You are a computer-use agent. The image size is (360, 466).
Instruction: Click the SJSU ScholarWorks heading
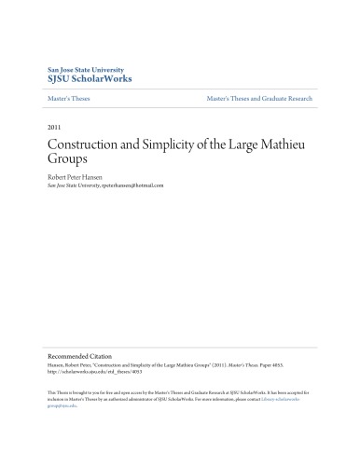pos(90,79)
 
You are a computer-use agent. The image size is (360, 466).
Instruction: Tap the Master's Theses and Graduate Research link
pos(259,98)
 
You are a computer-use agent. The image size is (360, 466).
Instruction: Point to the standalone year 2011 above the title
pos(54,128)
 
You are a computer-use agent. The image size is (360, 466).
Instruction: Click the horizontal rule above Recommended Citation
pos(180,347)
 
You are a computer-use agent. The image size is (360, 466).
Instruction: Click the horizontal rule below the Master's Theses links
pos(180,107)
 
